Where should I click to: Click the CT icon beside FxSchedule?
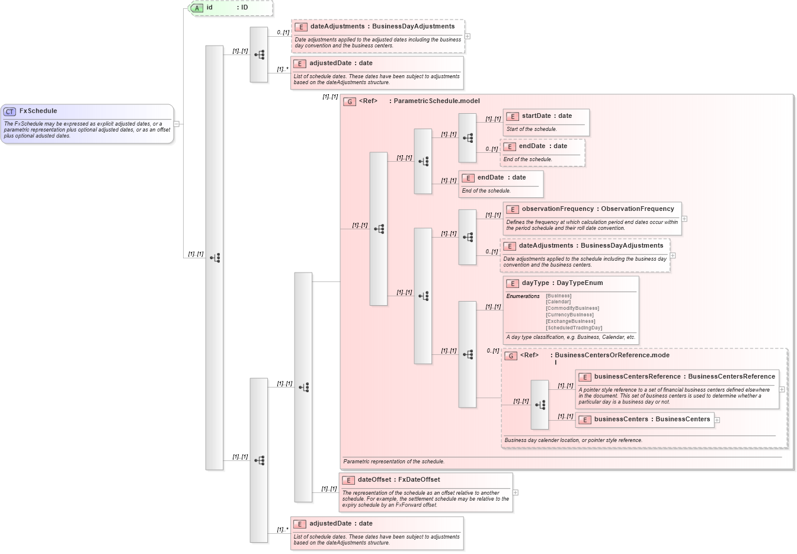pyautogui.click(x=9, y=111)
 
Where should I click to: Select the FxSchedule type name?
pyautogui.click(x=38, y=111)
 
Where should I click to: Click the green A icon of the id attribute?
pyautogui.click(x=197, y=8)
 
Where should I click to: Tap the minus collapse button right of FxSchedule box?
pyautogui.click(x=176, y=124)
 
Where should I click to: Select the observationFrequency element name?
pyautogui.click(x=557, y=209)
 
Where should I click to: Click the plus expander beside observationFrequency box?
pyautogui.click(x=684, y=219)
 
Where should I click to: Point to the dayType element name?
pyautogui.click(x=536, y=283)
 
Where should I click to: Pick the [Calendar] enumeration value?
pyautogui.click(x=558, y=302)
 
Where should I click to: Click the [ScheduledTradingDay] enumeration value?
pyautogui.click(x=574, y=328)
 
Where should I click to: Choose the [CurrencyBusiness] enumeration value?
pyautogui.click(x=569, y=315)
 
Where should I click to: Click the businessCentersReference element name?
pyautogui.click(x=637, y=377)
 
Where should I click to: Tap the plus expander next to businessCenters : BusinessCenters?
pyautogui.click(x=717, y=420)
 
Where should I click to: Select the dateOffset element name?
pyautogui.click(x=374, y=480)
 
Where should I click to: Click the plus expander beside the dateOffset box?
pyautogui.click(x=516, y=492)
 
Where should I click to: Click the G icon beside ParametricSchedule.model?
pyautogui.click(x=350, y=101)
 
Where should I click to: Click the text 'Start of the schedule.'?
pyautogui.click(x=531, y=129)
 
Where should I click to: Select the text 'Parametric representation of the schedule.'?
pyautogui.click(x=393, y=462)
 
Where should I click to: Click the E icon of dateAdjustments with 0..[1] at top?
pyautogui.click(x=300, y=27)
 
